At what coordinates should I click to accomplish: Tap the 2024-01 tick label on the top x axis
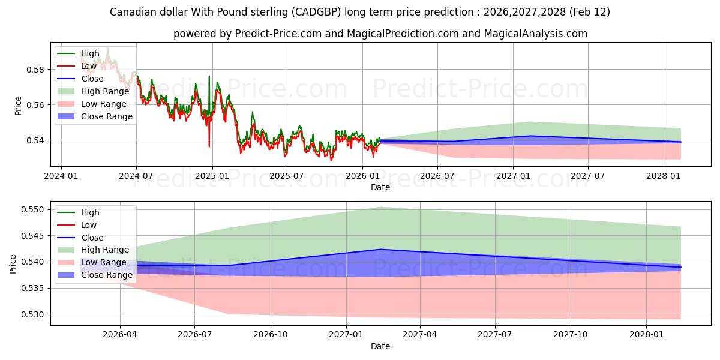coord(61,176)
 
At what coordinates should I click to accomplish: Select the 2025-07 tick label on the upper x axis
coord(286,176)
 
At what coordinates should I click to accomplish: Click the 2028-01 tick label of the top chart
coord(664,176)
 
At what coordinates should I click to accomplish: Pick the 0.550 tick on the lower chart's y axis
coord(34,209)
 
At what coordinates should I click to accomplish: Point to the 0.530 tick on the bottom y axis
coord(34,314)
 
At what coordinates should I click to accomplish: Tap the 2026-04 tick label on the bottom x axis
coord(120,335)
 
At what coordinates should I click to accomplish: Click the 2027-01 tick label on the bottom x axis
coord(346,335)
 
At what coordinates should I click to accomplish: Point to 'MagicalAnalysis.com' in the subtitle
coord(539,34)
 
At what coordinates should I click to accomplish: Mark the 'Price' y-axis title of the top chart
coord(18,105)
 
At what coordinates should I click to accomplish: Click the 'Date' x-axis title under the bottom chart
coord(380,346)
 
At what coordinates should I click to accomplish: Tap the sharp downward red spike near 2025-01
coord(209,146)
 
